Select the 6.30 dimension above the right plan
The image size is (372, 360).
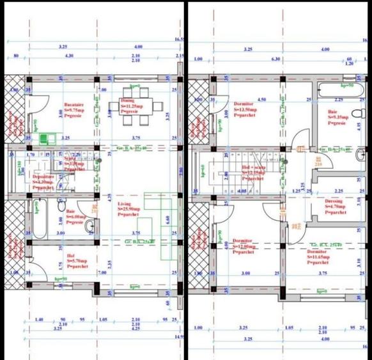275,59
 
